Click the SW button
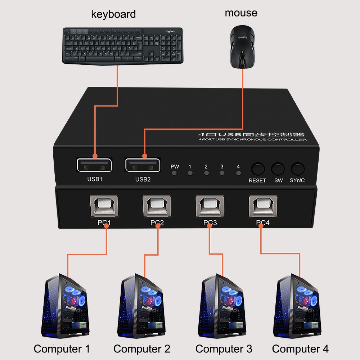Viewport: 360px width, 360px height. tap(278, 168)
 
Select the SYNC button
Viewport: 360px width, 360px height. tap(297, 168)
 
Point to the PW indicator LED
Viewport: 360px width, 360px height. tap(175, 173)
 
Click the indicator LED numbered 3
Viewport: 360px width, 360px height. tap(222, 173)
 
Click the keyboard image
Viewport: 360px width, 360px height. tap(123, 46)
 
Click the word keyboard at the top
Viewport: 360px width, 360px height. tap(113, 14)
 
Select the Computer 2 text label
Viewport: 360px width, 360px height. tap(142, 348)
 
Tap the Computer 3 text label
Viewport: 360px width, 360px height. tap(224, 348)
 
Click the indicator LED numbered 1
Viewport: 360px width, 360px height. tap(190, 173)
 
